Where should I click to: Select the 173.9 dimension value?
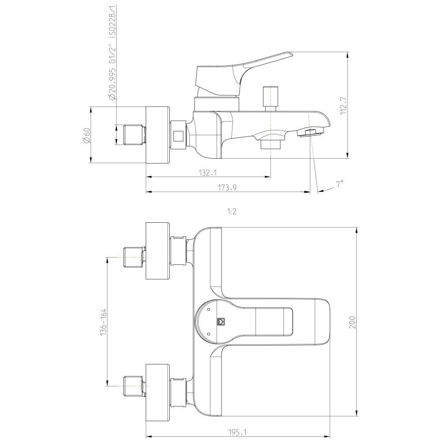227,187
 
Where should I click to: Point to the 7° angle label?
339,184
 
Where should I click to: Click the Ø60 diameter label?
87,135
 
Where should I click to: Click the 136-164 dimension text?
103,322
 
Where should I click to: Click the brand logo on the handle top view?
221,322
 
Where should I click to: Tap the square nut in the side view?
179,135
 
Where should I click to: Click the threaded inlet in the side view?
133,135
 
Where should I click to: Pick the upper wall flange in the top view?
158,251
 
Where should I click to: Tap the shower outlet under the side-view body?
271,144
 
